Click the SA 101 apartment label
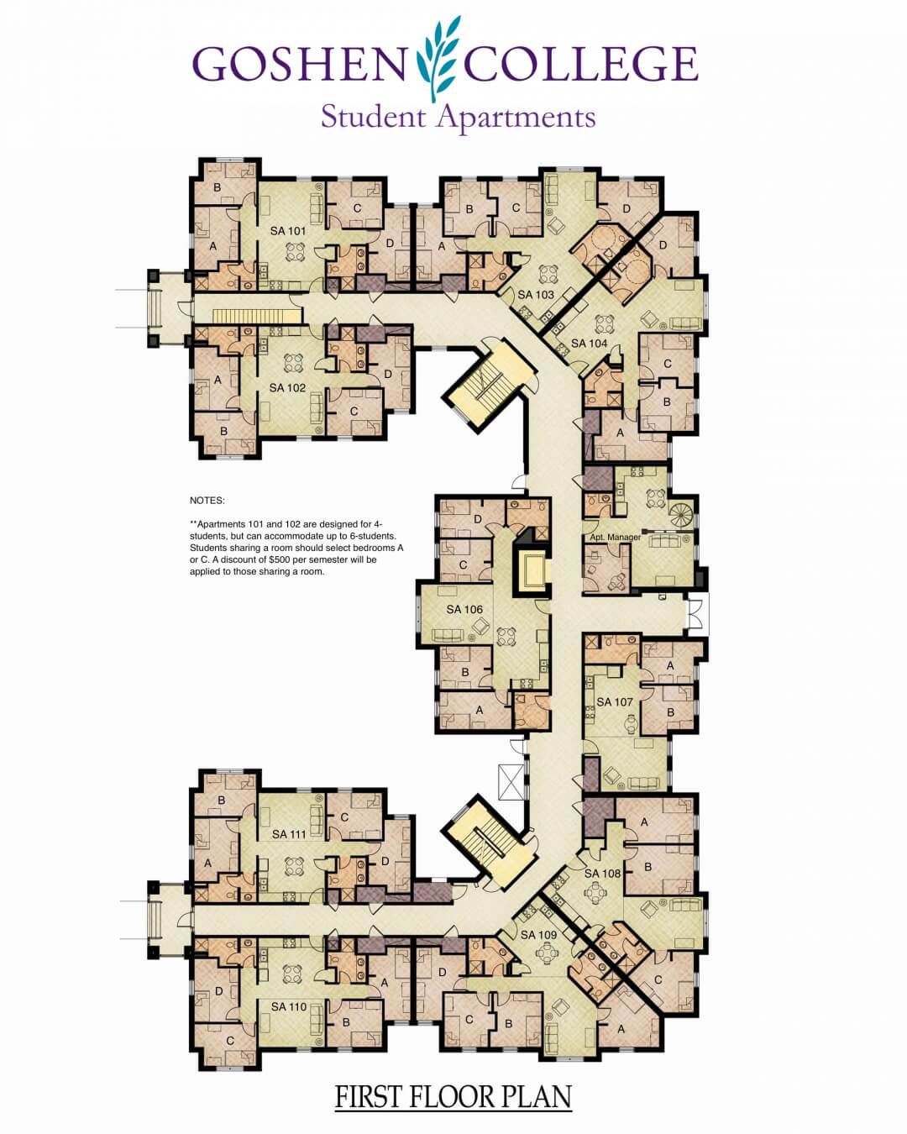point(288,231)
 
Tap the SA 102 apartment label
point(287,388)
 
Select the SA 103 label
point(536,295)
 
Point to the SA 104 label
point(590,343)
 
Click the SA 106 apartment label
point(464,609)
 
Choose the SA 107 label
point(615,702)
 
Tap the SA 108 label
point(602,873)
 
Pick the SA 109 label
point(538,935)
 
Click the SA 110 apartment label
point(289,1006)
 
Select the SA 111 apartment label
point(289,834)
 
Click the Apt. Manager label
point(615,538)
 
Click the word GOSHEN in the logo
point(299,64)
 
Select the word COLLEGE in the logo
point(581,64)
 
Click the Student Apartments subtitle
point(458,118)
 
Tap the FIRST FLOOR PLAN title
point(453,1095)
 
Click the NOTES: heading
point(207,501)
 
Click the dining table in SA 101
point(296,251)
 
